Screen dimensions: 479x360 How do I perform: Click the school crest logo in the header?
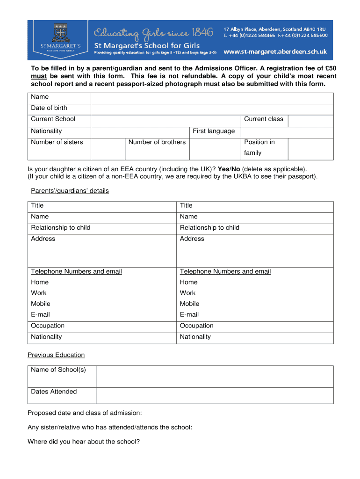click(60, 32)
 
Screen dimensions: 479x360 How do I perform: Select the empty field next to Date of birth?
click(212, 108)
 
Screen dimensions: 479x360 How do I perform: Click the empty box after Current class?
click(310, 119)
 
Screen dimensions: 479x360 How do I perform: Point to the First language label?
click(214, 131)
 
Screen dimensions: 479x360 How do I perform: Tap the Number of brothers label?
click(157, 142)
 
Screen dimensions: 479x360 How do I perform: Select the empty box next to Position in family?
click(310, 148)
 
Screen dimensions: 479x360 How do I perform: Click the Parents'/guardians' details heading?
click(70, 191)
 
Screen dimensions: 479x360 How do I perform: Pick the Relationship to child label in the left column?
click(61, 228)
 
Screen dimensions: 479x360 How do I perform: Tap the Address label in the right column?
click(192, 239)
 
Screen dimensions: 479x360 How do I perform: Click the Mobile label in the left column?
click(41, 304)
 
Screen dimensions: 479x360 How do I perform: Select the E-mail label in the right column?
click(189, 314)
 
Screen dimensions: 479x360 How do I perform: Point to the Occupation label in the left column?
click(48, 326)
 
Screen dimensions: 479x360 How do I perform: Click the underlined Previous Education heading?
click(56, 355)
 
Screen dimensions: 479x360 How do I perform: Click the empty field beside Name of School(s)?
click(214, 377)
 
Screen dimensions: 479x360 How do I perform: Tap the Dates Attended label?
click(54, 392)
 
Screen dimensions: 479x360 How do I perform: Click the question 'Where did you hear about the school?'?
click(84, 441)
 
